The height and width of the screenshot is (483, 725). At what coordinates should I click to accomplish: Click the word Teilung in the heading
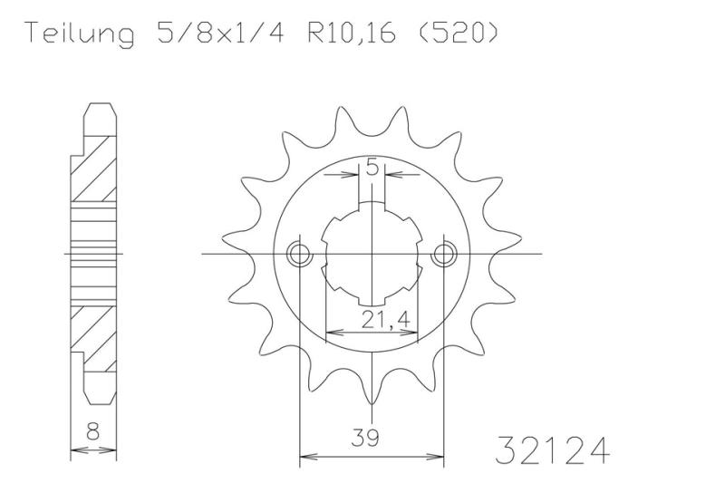tap(81, 34)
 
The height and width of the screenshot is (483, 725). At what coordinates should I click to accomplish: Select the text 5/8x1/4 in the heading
tap(220, 33)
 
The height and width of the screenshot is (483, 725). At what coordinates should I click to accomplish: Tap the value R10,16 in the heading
tap(352, 33)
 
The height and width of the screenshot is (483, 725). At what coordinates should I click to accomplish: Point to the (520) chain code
tap(458, 33)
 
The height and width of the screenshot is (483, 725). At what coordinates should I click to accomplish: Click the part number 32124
tap(552, 449)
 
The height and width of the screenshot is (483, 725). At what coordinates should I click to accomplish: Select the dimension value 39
tap(365, 438)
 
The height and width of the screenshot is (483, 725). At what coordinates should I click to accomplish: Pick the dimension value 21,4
tap(385, 320)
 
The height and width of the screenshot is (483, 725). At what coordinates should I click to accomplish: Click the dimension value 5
tap(372, 167)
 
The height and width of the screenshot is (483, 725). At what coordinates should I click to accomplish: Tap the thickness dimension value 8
tap(93, 432)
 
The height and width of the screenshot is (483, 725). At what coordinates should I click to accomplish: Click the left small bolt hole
tap(300, 254)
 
